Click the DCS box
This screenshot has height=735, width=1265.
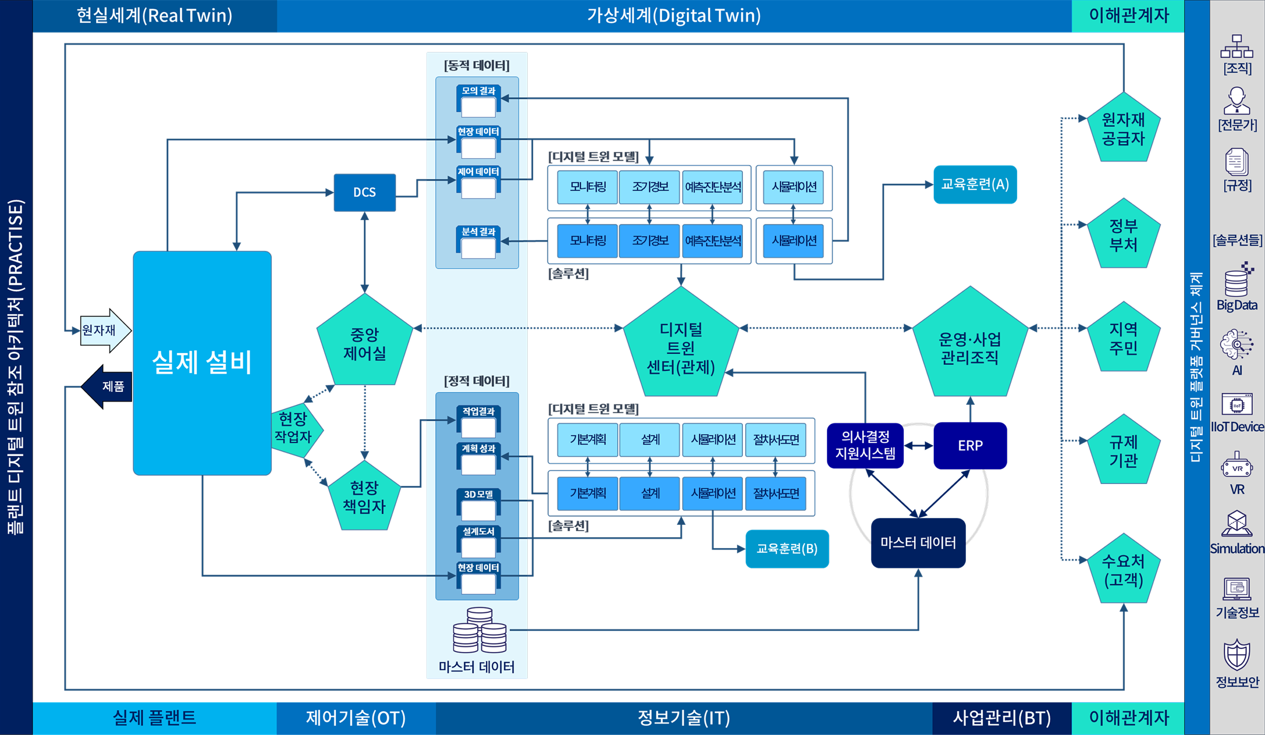(x=365, y=192)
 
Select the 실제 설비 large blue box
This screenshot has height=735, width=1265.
(x=202, y=362)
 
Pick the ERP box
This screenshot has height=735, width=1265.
(x=970, y=445)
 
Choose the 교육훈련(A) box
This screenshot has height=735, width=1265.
(x=975, y=184)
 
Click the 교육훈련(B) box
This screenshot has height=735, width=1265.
(x=787, y=548)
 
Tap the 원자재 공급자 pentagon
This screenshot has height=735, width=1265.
(x=1123, y=129)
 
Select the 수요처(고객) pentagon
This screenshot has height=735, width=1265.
(x=1123, y=571)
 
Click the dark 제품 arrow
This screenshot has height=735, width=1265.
(x=108, y=386)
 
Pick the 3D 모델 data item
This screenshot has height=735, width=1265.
(x=478, y=504)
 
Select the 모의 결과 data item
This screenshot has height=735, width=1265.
(x=478, y=101)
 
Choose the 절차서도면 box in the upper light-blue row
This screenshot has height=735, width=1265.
(x=776, y=439)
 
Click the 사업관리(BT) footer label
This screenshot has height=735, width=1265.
(x=1002, y=718)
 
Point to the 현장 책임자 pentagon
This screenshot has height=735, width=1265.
(x=365, y=497)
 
